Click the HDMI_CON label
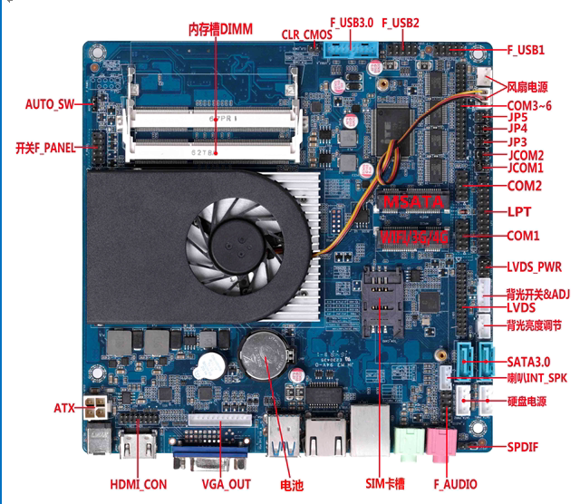[x=138, y=485]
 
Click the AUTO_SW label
[x=50, y=104]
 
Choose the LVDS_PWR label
[x=534, y=267]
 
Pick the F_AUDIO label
[x=454, y=485]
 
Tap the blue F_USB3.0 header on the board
[x=346, y=47]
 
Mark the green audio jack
[x=409, y=442]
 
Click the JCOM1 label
[x=525, y=169]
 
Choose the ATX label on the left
[x=64, y=409]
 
